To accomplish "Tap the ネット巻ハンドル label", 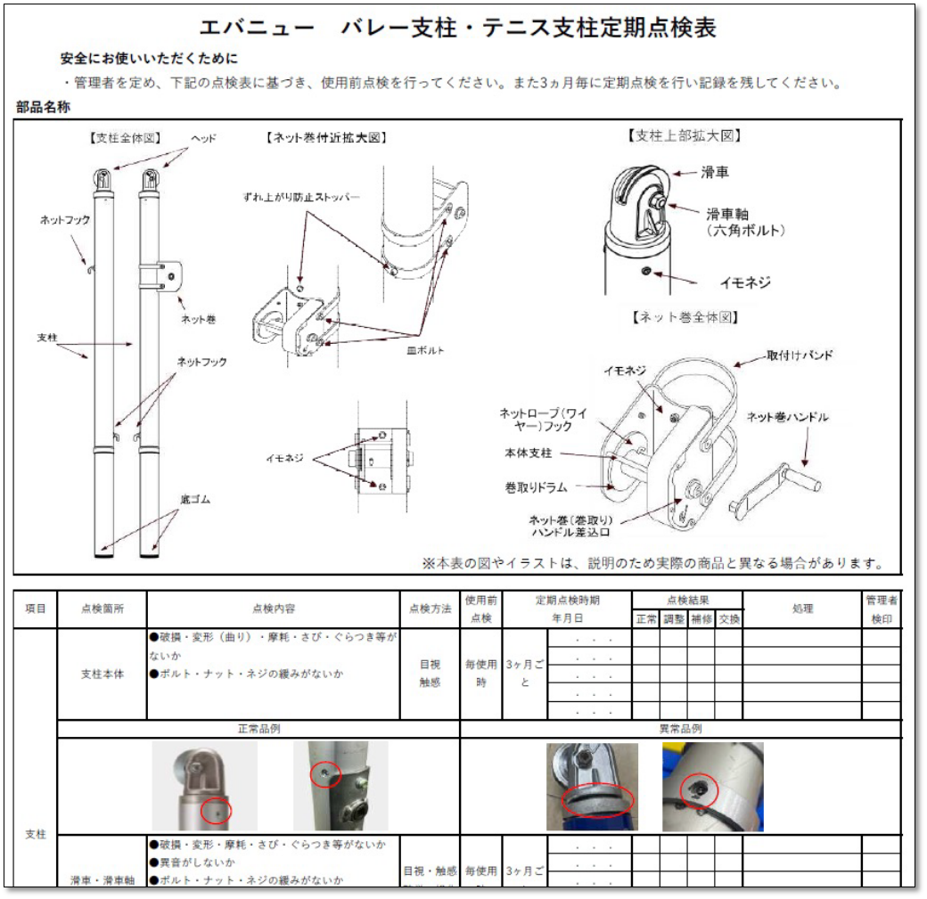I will point(786,416).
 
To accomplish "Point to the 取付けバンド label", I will point(800,355).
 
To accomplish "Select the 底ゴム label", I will point(193,500).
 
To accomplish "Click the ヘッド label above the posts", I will point(203,138).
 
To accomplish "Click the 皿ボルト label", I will point(425,350).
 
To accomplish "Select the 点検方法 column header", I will point(430,609).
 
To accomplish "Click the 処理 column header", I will point(801,609).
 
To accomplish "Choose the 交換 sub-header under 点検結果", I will point(728,618).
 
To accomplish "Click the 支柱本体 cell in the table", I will point(102,674).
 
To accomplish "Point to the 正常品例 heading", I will point(258,729).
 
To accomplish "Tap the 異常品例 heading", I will point(680,729).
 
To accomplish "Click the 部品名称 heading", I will point(43,107).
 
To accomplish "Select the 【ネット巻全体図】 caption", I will point(685,316).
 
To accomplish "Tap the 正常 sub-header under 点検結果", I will point(645,618).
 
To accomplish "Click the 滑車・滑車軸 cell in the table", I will point(102,879).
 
